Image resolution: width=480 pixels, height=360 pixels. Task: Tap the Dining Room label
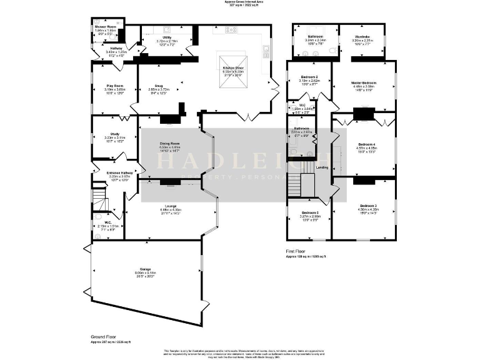pyautogui.click(x=170, y=144)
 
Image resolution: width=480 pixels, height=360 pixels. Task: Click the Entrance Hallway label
pyautogui.click(x=120, y=172)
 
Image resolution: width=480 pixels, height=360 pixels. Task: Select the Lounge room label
pyautogui.click(x=170, y=206)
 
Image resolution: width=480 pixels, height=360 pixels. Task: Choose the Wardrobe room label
pyautogui.click(x=364, y=36)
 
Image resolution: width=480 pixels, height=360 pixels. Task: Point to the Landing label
pyautogui.click(x=322, y=167)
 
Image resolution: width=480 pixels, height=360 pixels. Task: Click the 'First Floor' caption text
pyautogui.click(x=297, y=251)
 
